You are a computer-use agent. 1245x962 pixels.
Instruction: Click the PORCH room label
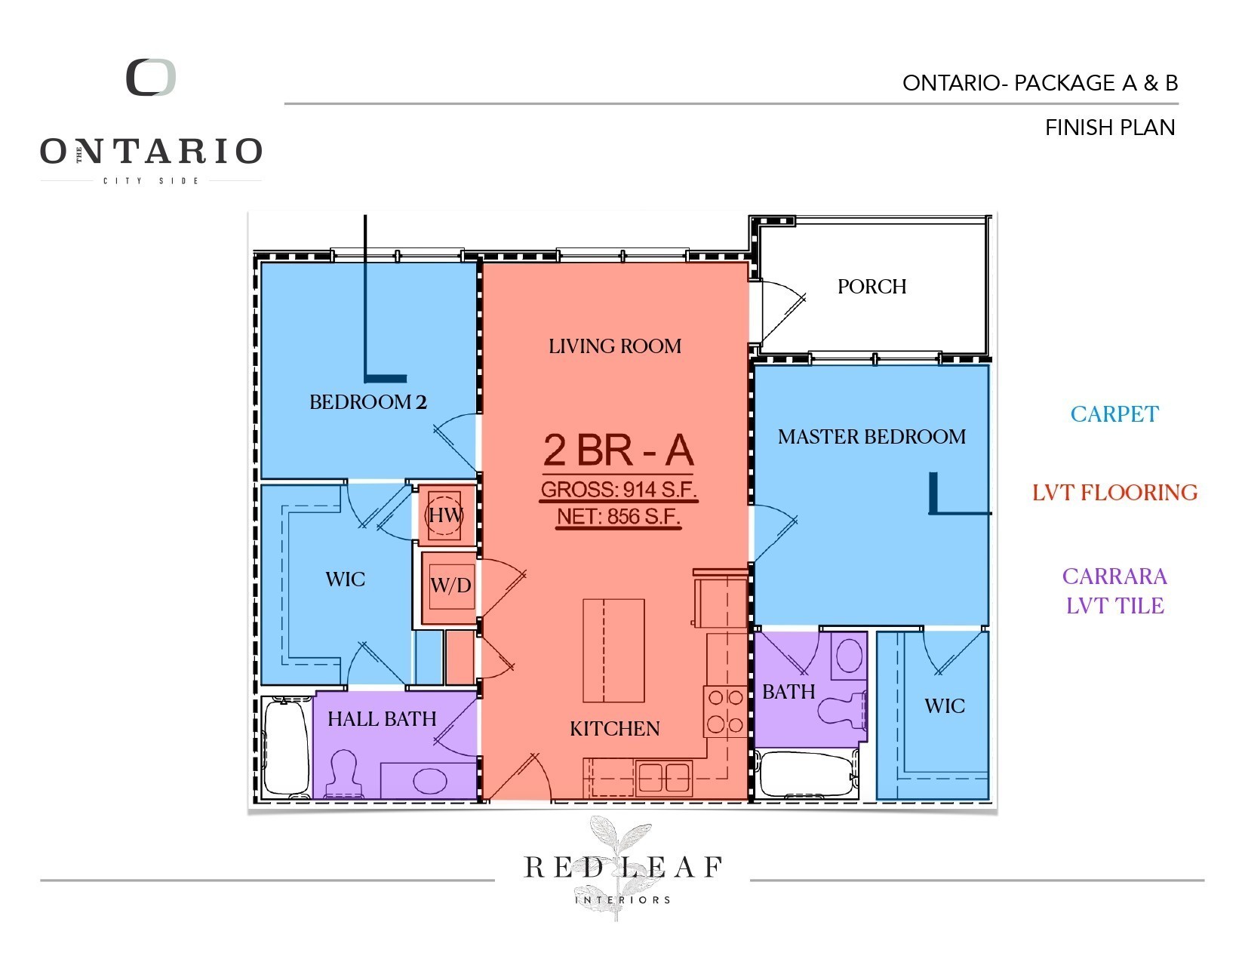coord(871,286)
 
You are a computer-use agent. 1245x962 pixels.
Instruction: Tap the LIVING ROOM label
coord(615,346)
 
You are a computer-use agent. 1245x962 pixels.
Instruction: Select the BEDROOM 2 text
coord(367,401)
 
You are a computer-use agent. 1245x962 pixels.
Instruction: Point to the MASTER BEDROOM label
coord(871,437)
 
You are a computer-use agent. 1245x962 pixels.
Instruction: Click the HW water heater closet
coord(444,515)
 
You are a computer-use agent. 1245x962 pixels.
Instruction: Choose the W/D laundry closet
coord(450,587)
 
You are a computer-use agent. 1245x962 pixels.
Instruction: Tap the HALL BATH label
coord(382,718)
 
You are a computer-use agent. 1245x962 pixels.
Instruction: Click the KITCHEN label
coord(614,728)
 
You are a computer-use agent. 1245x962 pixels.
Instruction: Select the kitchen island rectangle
coord(613,650)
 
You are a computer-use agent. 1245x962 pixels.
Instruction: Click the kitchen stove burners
coord(725,711)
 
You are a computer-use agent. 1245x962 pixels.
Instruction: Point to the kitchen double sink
coord(663,777)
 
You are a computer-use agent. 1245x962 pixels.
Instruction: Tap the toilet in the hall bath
coord(344,773)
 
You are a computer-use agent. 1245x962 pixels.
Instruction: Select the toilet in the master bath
coord(841,710)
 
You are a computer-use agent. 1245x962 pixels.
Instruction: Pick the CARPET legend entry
coord(1114,413)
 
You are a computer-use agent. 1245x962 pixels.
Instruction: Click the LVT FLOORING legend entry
coord(1115,492)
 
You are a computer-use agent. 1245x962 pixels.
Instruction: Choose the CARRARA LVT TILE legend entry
coord(1114,591)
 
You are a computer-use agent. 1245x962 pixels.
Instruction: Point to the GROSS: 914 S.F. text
coord(619,490)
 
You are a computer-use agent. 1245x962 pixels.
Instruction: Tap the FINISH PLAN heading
coord(1110,128)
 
